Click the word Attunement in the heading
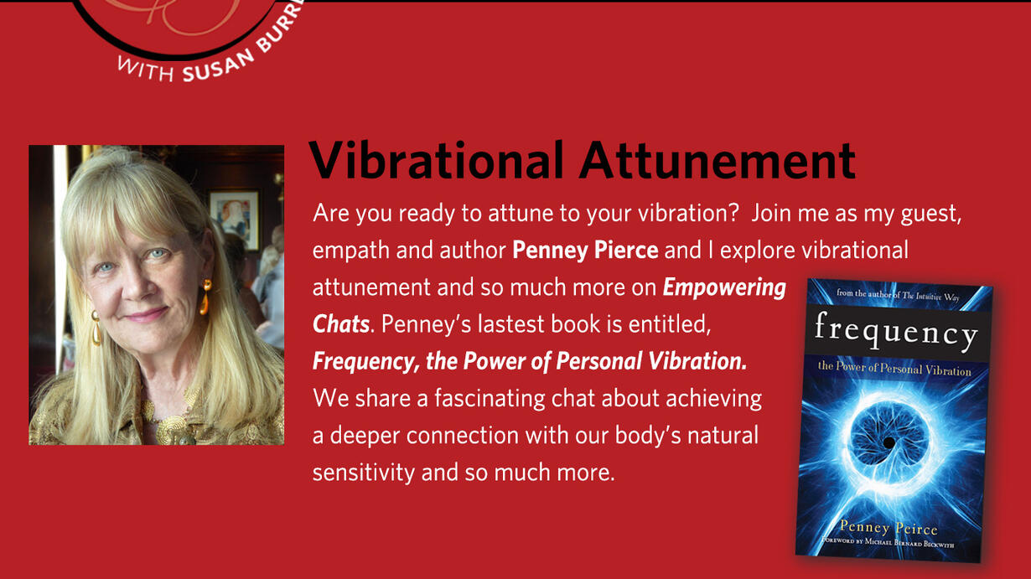pos(718,160)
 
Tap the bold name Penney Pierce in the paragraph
pos(585,250)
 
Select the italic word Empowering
pos(724,288)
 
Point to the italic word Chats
pos(341,324)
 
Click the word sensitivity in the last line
pos(364,473)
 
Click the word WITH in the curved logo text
pos(146,70)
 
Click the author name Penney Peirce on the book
pos(889,528)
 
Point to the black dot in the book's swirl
pos(889,442)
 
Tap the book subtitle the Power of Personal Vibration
pos(894,368)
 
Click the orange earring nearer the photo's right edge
pos(205,297)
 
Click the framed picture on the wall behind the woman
pos(234,220)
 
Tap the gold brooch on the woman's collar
pos(173,428)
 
